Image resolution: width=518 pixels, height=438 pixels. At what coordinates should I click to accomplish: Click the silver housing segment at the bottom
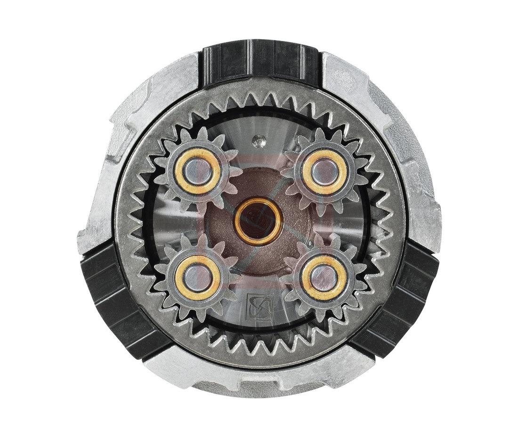[259, 377]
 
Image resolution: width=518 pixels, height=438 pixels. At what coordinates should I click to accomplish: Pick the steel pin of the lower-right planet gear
[324, 278]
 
